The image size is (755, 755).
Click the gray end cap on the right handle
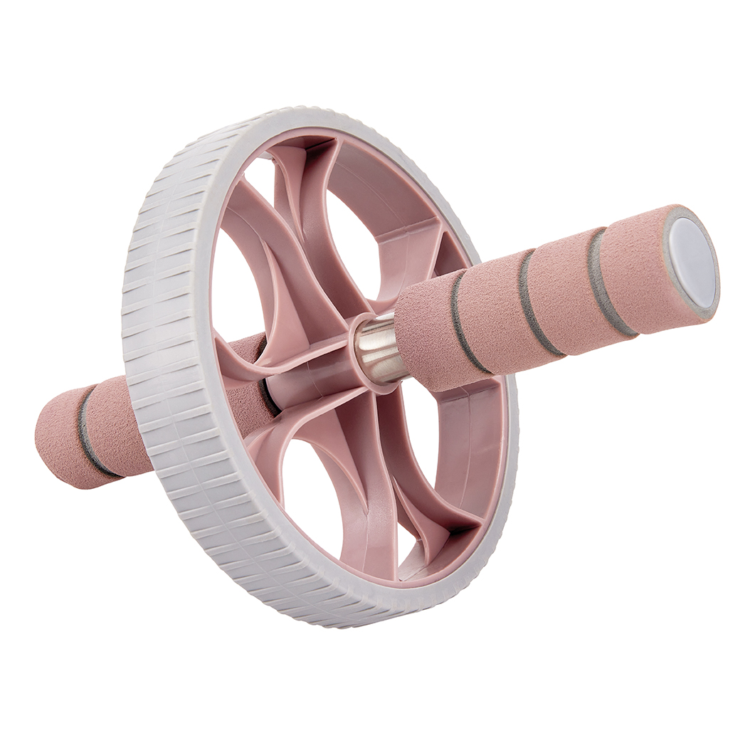692,261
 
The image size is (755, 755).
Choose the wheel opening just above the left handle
235,285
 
